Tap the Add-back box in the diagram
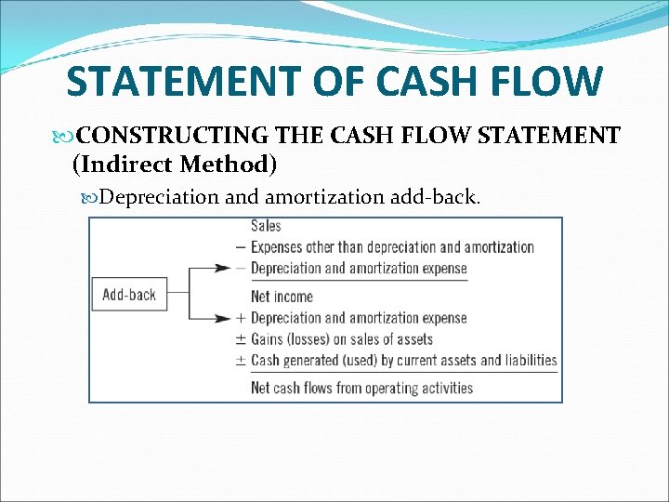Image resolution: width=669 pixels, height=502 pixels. [129, 295]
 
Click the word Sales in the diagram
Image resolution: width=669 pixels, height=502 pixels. [266, 226]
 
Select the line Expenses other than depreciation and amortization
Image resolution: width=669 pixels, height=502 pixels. [392, 247]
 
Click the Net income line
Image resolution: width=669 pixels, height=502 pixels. [282, 297]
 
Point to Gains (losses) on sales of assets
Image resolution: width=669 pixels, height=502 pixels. [342, 339]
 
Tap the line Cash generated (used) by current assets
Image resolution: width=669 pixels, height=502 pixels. [403, 361]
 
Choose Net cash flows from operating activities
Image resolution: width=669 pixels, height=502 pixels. [361, 388]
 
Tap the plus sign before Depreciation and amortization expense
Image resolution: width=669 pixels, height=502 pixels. [242, 318]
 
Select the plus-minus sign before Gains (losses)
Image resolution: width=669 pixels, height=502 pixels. [242, 339]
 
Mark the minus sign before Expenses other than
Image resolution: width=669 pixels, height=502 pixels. [242, 247]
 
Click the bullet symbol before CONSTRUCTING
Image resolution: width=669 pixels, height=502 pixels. [63, 137]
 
